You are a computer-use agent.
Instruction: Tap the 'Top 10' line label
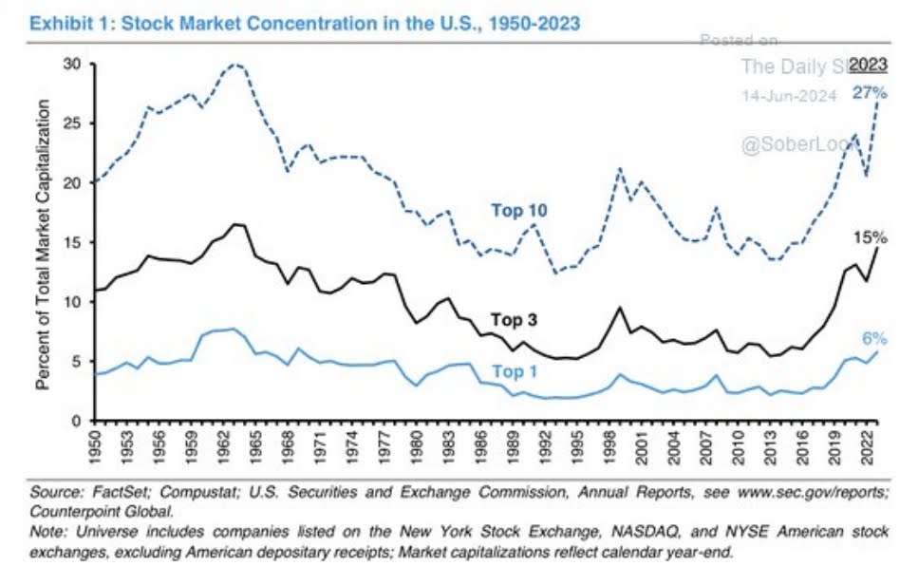(519, 211)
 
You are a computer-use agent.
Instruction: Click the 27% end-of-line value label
(869, 93)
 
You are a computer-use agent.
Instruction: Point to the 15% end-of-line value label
(869, 237)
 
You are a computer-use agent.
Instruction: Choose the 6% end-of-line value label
(874, 338)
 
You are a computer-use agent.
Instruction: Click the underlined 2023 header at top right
(868, 66)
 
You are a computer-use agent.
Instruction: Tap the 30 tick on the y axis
(70, 64)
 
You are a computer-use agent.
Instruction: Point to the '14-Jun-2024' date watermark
(788, 95)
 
